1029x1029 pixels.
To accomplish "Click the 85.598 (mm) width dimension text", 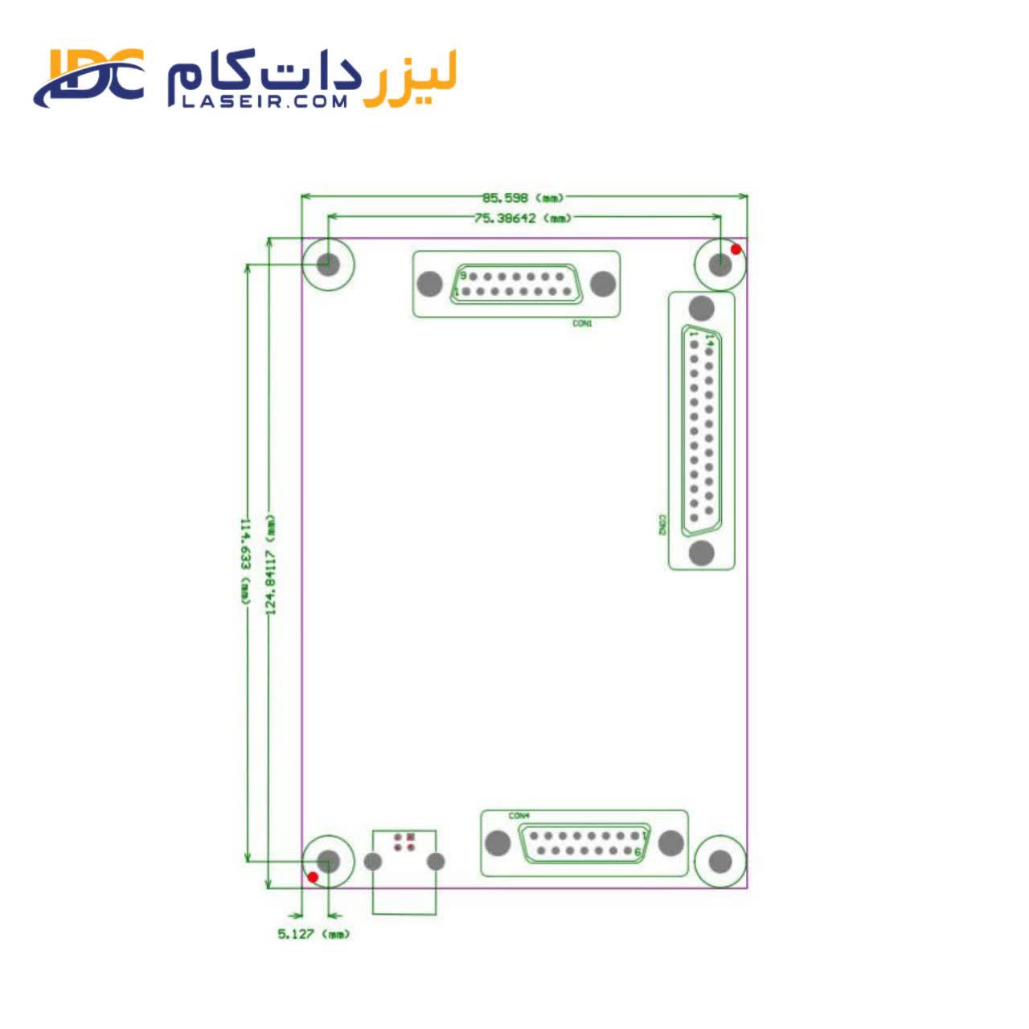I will (523, 198).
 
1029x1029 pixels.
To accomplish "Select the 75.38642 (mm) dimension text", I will (523, 218).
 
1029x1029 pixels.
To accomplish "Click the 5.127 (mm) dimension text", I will (314, 934).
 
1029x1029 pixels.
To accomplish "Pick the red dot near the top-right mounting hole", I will (736, 249).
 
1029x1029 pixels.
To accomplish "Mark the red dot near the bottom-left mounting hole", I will (314, 876).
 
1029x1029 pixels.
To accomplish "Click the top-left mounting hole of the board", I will (328, 263).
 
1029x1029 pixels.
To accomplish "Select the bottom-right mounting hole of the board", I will (720, 862).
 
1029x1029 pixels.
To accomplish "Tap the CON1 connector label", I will (582, 323).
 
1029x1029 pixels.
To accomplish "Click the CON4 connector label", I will (519, 816).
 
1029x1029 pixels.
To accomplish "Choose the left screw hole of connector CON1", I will (431, 284).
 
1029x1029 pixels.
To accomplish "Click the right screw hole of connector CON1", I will (603, 284).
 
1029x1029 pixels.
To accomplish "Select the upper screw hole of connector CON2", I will (702, 309).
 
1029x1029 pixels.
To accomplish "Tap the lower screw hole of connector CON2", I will (702, 553).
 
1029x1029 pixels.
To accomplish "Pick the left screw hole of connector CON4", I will (498, 843).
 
